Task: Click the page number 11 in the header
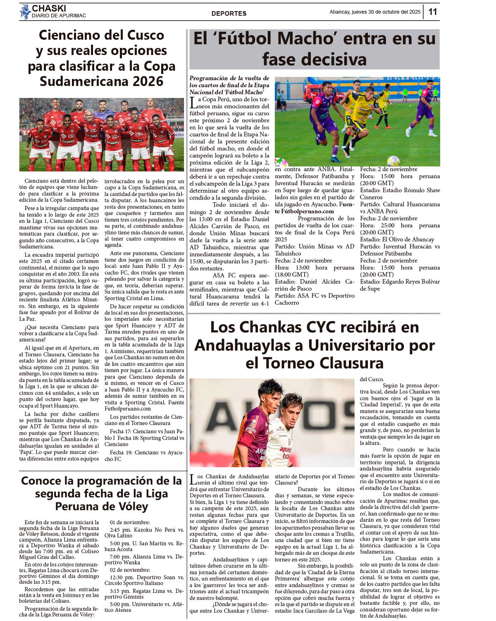tap(432, 12)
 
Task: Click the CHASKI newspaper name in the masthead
tap(49, 8)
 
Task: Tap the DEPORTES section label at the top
tap(229, 13)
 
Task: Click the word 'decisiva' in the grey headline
tap(337, 60)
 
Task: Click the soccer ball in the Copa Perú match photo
tap(393, 160)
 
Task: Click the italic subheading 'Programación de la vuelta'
tap(229, 78)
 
